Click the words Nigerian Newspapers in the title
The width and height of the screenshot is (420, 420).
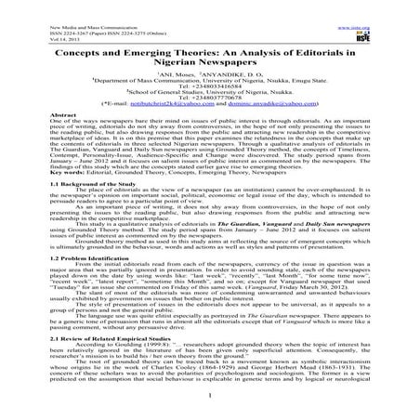pos(208,53)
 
